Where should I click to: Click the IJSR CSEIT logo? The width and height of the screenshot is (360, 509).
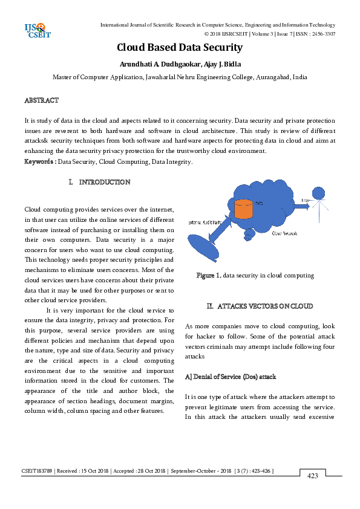click(37, 30)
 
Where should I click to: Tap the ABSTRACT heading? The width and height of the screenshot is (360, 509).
click(41, 99)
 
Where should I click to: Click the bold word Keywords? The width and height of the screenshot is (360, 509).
click(39, 161)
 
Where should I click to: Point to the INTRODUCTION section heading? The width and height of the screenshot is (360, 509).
click(104, 182)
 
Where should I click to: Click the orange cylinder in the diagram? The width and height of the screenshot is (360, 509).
click(243, 209)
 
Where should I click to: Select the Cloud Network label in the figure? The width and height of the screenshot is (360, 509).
click(285, 232)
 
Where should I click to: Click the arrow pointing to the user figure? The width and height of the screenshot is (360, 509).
click(298, 206)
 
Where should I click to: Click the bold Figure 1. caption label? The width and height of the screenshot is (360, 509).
click(209, 275)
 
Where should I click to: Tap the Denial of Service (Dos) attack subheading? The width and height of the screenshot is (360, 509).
click(231, 377)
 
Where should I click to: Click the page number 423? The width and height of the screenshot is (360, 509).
click(312, 476)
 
